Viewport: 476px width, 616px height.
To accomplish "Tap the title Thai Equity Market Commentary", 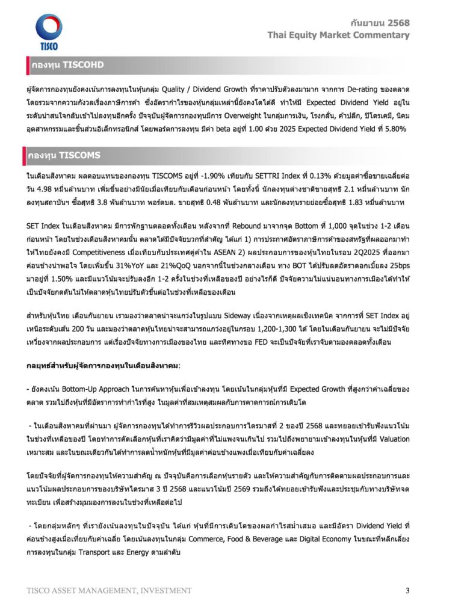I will click(339, 35).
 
